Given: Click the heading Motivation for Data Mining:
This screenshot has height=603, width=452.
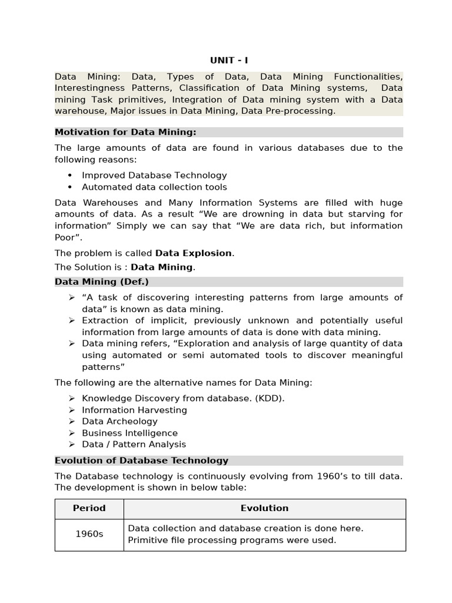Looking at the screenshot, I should point(125,132).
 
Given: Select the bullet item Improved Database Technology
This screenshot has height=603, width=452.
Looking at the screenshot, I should point(154,175).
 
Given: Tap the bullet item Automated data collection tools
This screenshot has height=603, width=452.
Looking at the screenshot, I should point(154,187).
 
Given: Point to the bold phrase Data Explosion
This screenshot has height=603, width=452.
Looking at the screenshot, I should point(194,253).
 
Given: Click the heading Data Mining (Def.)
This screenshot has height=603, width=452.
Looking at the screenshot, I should point(102,281).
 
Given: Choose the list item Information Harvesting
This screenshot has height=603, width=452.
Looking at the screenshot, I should point(134,410).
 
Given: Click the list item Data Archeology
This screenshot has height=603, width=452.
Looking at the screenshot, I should point(119,421).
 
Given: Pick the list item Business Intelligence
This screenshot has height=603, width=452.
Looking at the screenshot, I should point(129,433).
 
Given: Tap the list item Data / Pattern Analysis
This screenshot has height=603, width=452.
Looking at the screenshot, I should point(134,444).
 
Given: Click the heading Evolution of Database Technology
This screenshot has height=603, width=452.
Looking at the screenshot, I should point(141,460).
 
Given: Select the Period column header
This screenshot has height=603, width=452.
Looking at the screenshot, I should point(89,508).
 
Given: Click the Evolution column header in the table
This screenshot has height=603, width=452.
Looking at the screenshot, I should point(264,508).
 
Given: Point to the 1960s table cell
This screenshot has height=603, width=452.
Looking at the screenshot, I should point(89,534).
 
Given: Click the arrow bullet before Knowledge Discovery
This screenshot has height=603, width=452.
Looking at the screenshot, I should point(71,398).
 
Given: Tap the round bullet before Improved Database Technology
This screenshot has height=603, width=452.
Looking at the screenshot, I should point(70,175).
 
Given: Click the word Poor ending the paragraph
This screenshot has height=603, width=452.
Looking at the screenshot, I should point(67,237).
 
